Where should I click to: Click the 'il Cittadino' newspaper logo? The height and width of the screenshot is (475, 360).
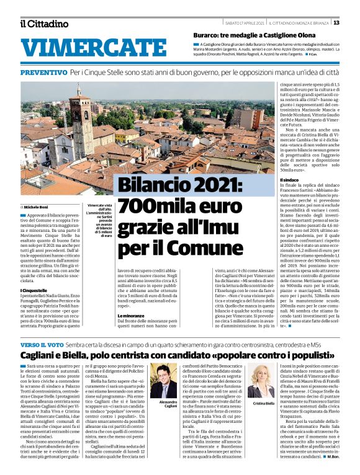[x=43, y=24]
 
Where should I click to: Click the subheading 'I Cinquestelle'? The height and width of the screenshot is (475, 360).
[x=35, y=290]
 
